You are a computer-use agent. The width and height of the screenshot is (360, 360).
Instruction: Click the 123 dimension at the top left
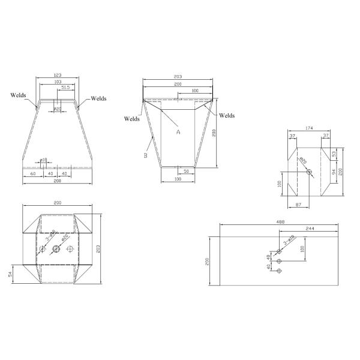57,76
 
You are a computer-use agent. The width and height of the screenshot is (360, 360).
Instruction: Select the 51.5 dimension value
65,88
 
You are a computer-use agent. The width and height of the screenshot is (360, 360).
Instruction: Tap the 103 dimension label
57,82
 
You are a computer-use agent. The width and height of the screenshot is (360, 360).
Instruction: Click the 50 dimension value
187,172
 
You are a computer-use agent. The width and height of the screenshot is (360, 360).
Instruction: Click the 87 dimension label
298,206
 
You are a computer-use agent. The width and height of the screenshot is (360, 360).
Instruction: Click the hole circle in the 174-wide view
309,172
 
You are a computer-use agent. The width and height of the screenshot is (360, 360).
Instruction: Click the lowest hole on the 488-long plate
279,271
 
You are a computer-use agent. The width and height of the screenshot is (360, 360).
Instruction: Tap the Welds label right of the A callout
227,115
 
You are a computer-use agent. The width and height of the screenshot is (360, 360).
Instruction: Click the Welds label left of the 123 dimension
18,94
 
